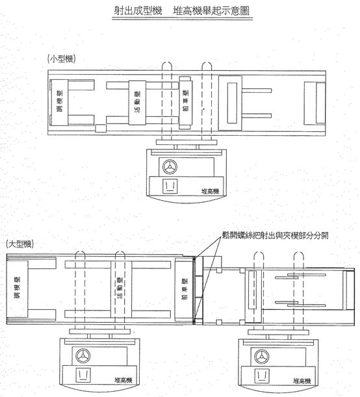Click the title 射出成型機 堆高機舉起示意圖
(x=182, y=11)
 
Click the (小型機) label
(x=62, y=59)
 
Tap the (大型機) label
(x=20, y=244)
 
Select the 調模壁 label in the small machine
(x=60, y=101)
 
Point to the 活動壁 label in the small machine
(x=138, y=102)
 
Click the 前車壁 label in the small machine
(x=186, y=101)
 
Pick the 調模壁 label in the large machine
(x=17, y=288)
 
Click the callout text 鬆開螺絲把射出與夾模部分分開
(x=275, y=235)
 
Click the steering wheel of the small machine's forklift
(x=170, y=167)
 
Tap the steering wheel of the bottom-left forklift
(x=83, y=356)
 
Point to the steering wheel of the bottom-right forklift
(x=262, y=357)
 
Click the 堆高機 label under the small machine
(x=210, y=192)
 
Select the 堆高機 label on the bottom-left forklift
(x=123, y=380)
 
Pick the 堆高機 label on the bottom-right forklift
(x=302, y=381)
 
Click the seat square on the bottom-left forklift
(x=83, y=375)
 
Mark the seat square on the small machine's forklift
(x=170, y=186)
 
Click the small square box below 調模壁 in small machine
(x=101, y=128)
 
